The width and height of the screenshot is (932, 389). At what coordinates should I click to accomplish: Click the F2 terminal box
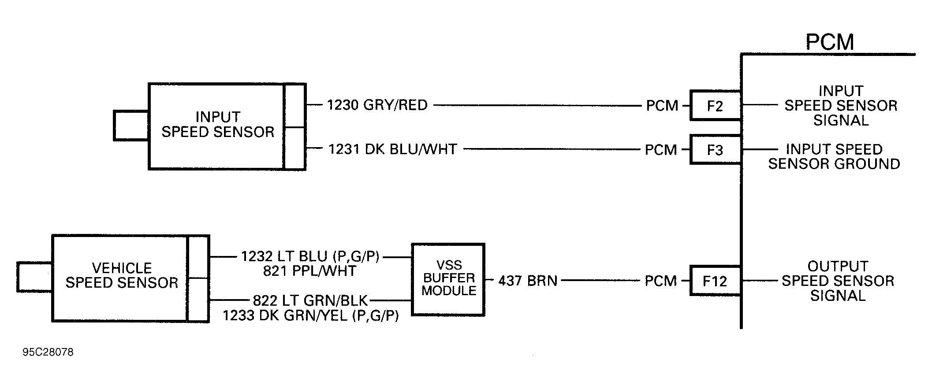click(715, 106)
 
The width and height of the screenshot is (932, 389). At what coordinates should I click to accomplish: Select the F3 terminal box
click(715, 150)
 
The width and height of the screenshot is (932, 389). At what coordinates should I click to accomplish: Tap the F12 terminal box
click(715, 281)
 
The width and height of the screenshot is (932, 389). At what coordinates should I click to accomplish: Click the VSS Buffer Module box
click(448, 279)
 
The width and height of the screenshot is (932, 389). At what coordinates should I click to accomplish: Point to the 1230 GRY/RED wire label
click(377, 105)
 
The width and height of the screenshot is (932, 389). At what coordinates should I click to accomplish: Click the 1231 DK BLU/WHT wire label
click(393, 149)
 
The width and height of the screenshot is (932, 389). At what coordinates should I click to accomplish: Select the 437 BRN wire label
click(528, 281)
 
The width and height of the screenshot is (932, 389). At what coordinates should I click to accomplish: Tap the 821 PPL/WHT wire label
click(309, 270)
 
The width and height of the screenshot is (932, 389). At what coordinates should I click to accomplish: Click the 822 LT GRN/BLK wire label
click(310, 300)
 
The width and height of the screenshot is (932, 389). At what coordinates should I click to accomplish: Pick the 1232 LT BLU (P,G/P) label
click(310, 256)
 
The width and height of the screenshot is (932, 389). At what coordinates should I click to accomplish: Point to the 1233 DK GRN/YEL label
click(310, 315)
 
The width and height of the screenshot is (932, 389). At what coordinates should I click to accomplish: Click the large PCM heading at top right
click(829, 42)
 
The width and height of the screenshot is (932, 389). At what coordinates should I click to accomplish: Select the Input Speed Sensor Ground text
click(834, 156)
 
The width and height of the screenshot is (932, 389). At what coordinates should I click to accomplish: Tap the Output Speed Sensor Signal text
click(838, 281)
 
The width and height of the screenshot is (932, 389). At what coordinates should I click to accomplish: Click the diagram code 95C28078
click(48, 352)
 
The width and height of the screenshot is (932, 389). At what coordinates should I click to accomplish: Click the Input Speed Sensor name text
click(218, 124)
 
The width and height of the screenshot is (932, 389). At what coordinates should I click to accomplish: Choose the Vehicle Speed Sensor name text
click(122, 275)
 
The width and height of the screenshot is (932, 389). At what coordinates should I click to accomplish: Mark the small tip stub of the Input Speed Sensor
click(131, 126)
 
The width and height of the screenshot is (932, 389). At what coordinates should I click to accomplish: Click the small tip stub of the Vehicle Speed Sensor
click(34, 277)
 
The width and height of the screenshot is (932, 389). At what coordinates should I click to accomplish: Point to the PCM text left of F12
click(660, 281)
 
